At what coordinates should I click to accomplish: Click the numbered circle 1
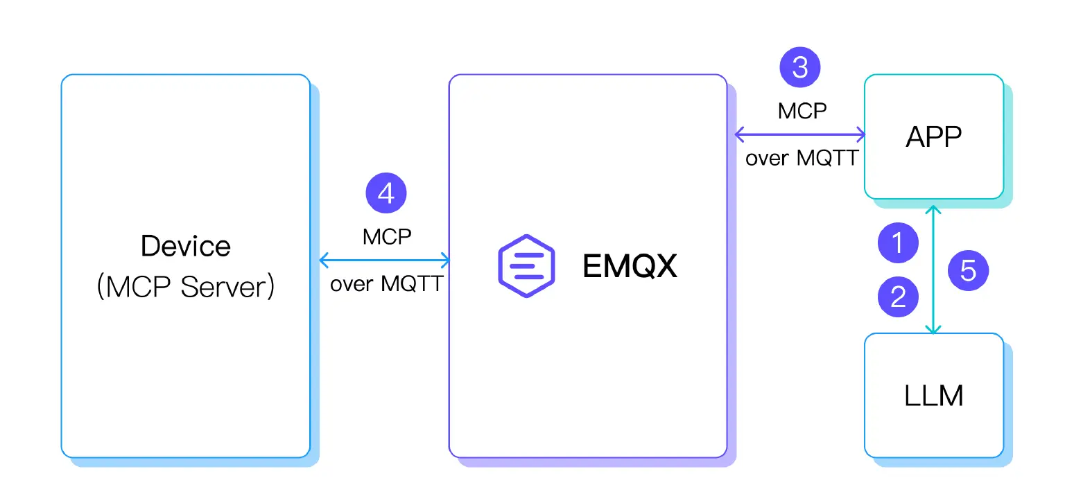pyautogui.click(x=898, y=243)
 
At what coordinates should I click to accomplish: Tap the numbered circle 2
pyautogui.click(x=898, y=296)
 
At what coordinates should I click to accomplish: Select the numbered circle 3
pyautogui.click(x=800, y=67)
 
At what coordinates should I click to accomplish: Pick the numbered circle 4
pyautogui.click(x=386, y=195)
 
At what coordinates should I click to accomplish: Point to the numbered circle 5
pyautogui.click(x=967, y=270)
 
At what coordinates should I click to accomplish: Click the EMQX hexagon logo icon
pyautogui.click(x=526, y=266)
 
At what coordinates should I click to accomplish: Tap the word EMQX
pyautogui.click(x=630, y=266)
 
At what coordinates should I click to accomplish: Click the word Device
pyautogui.click(x=185, y=246)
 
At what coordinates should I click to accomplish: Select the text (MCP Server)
pyautogui.click(x=185, y=286)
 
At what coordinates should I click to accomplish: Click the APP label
pyautogui.click(x=933, y=136)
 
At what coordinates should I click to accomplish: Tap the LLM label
pyautogui.click(x=933, y=396)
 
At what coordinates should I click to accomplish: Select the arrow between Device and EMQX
pyautogui.click(x=385, y=261)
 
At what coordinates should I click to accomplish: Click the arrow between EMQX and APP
pyautogui.click(x=800, y=133)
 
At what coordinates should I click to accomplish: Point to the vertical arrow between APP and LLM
pyautogui.click(x=934, y=270)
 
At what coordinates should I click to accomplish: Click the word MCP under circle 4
pyautogui.click(x=386, y=236)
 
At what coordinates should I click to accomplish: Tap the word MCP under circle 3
pyautogui.click(x=802, y=111)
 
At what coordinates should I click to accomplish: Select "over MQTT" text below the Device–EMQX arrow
pyautogui.click(x=386, y=284)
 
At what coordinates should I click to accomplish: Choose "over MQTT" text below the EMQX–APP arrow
pyautogui.click(x=802, y=158)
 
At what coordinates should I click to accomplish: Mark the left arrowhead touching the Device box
pyautogui.click(x=323, y=261)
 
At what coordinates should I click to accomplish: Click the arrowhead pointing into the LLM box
pyautogui.click(x=934, y=329)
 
